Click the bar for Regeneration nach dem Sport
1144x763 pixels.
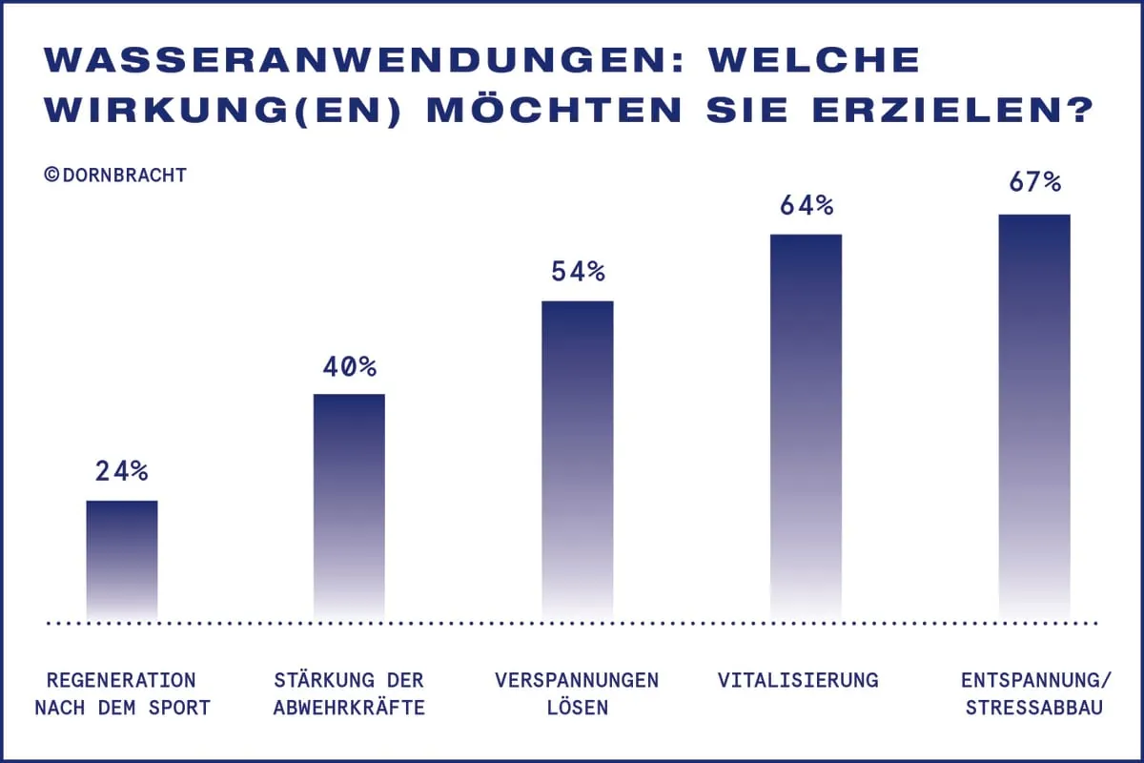(x=122, y=558)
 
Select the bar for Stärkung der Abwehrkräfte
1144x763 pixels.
(x=349, y=505)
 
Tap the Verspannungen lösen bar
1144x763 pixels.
(x=577, y=458)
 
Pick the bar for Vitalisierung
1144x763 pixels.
(x=806, y=424)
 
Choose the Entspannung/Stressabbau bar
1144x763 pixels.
(x=1034, y=415)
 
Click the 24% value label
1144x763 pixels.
(x=122, y=470)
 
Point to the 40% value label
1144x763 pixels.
(x=350, y=366)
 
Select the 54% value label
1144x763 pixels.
(x=578, y=272)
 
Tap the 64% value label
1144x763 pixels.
(x=807, y=205)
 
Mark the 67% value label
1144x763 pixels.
(x=1034, y=182)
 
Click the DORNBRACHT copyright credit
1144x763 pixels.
(x=115, y=175)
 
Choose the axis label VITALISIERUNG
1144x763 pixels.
(x=798, y=680)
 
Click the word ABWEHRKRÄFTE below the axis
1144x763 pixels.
(x=349, y=709)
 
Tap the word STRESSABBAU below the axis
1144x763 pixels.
(x=1034, y=709)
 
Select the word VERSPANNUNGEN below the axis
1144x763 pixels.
(x=577, y=680)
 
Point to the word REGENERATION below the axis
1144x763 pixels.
(x=121, y=680)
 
